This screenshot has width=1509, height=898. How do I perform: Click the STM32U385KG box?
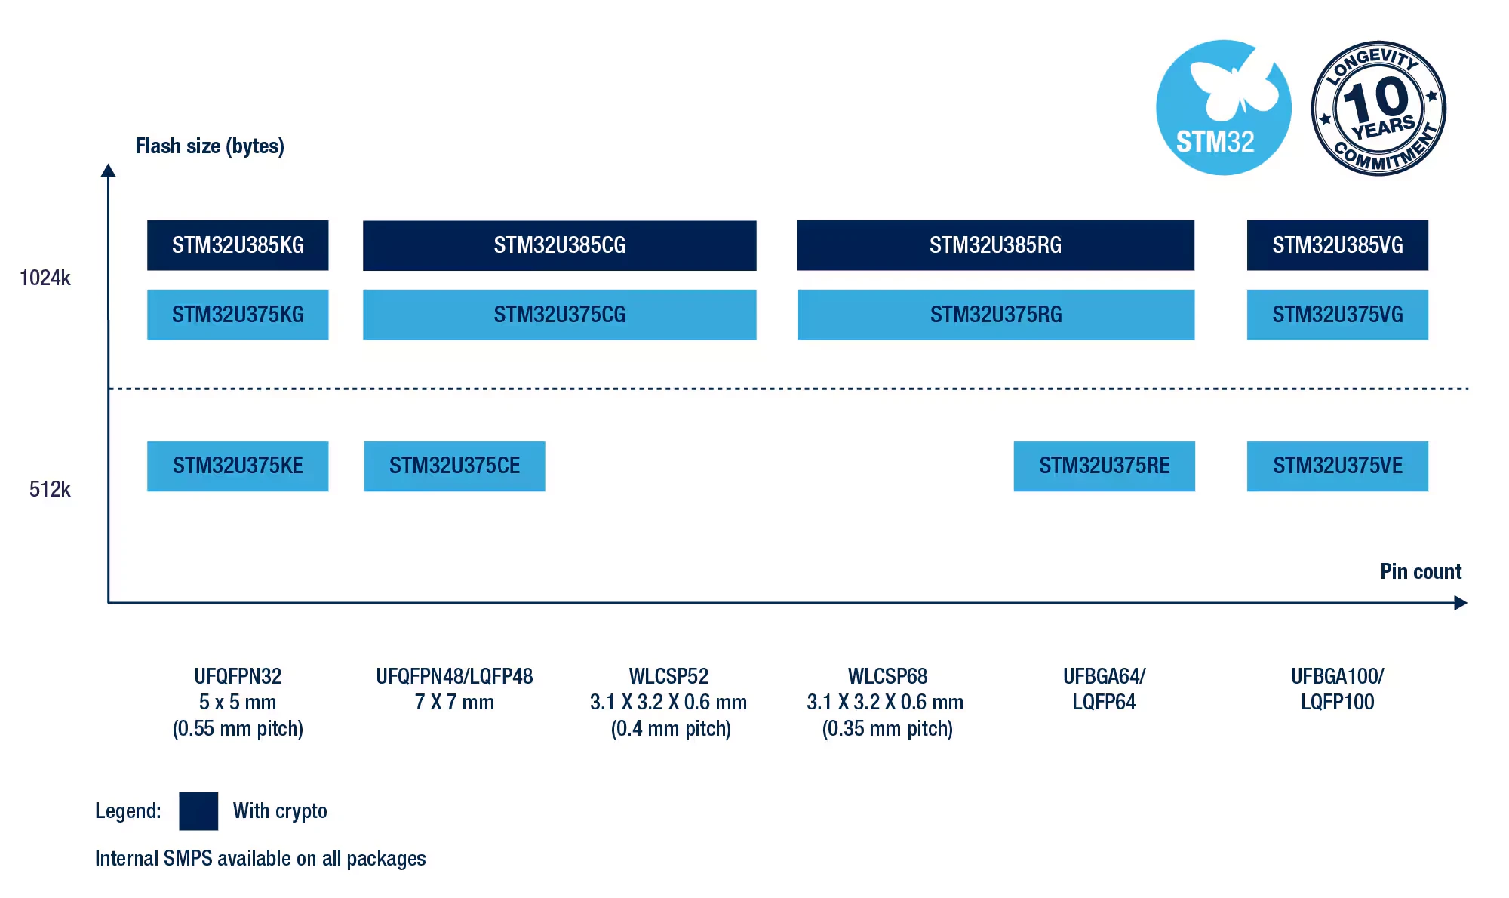(238, 245)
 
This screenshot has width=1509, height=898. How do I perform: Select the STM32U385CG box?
(559, 245)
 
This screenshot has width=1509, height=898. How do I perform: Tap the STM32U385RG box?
(995, 245)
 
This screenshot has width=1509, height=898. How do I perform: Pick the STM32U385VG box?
(1338, 245)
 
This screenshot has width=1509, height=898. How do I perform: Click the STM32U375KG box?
(238, 315)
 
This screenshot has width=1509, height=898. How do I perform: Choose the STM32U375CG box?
(559, 315)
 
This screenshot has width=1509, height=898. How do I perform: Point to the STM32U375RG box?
(996, 315)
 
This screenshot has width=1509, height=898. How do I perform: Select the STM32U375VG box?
(1338, 315)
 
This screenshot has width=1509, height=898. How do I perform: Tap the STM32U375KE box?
(238, 466)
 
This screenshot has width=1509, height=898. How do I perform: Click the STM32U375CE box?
(454, 466)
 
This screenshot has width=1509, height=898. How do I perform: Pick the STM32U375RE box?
(1105, 466)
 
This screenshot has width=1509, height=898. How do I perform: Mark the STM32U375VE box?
(1338, 466)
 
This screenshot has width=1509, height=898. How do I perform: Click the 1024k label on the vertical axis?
(45, 278)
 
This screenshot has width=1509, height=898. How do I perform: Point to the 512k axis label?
(50, 490)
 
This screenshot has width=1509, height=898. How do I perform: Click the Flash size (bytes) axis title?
(210, 146)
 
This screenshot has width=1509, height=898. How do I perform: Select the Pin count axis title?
(1421, 571)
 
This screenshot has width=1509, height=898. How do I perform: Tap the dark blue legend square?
(198, 811)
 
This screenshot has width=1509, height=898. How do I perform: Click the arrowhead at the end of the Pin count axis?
(1461, 603)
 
